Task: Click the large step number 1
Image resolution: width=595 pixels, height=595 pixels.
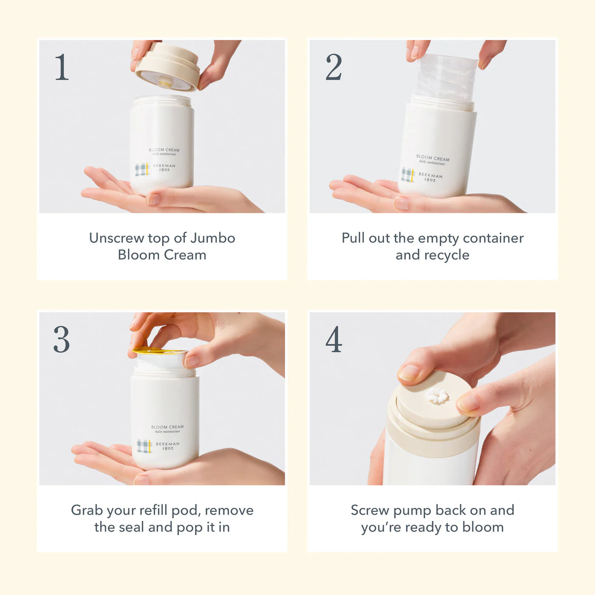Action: tap(62, 67)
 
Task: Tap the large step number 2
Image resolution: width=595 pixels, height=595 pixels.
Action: tap(334, 67)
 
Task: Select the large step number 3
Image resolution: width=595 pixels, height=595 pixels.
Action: tap(62, 339)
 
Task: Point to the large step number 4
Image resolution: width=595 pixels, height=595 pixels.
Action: tap(334, 339)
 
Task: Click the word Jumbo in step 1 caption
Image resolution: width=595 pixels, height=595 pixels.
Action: tap(213, 238)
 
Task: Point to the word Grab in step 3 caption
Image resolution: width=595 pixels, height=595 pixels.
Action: tap(87, 510)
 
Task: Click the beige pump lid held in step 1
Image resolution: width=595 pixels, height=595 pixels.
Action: tap(167, 67)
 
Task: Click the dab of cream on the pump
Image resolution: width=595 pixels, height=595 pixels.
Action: tap(436, 396)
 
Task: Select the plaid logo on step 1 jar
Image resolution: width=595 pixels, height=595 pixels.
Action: tap(142, 169)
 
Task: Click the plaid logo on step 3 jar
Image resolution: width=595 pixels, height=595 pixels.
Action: tap(144, 446)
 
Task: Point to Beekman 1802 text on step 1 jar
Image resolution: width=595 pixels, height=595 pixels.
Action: tap(164, 167)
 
